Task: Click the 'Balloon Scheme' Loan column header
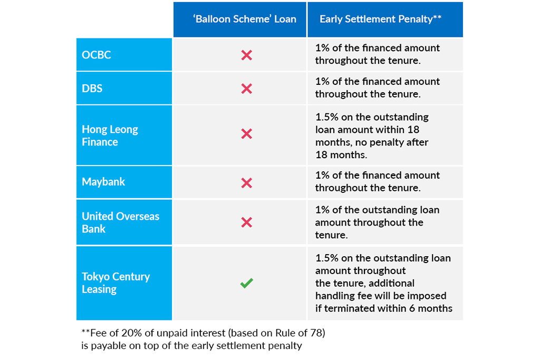[245, 19]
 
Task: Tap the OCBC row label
[97, 55]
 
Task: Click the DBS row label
[92, 89]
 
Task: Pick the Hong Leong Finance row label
[110, 135]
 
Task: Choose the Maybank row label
[103, 182]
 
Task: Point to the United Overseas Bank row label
[121, 222]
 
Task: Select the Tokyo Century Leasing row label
[115, 283]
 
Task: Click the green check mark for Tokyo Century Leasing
[247, 283]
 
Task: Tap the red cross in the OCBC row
[247, 55]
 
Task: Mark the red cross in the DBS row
[247, 89]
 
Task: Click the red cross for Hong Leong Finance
[247, 133]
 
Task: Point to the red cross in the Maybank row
[247, 183]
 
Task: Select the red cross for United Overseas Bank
[247, 222]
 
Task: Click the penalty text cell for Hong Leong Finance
[372, 136]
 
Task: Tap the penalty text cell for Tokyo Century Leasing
[384, 283]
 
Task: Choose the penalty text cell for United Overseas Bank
[377, 222]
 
